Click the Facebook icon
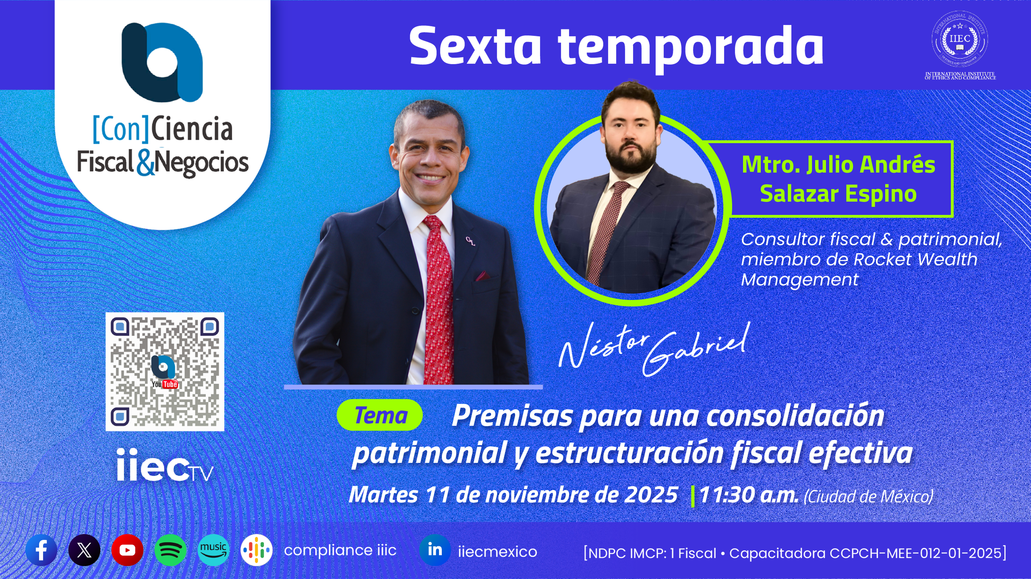pyautogui.click(x=41, y=550)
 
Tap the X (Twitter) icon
pyautogui.click(x=84, y=550)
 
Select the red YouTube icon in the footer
pyautogui.click(x=127, y=550)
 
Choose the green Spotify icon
pyautogui.click(x=170, y=550)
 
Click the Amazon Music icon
pyautogui.click(x=213, y=550)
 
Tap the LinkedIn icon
pyautogui.click(x=435, y=550)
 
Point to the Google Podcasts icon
pyautogui.click(x=257, y=550)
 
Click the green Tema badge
pyautogui.click(x=379, y=415)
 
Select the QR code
pyautogui.click(x=165, y=372)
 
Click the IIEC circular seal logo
pyautogui.click(x=960, y=39)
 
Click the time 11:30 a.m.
pyautogui.click(x=749, y=495)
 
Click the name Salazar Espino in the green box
pyautogui.click(x=838, y=194)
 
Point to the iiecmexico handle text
pyautogui.click(x=497, y=551)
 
